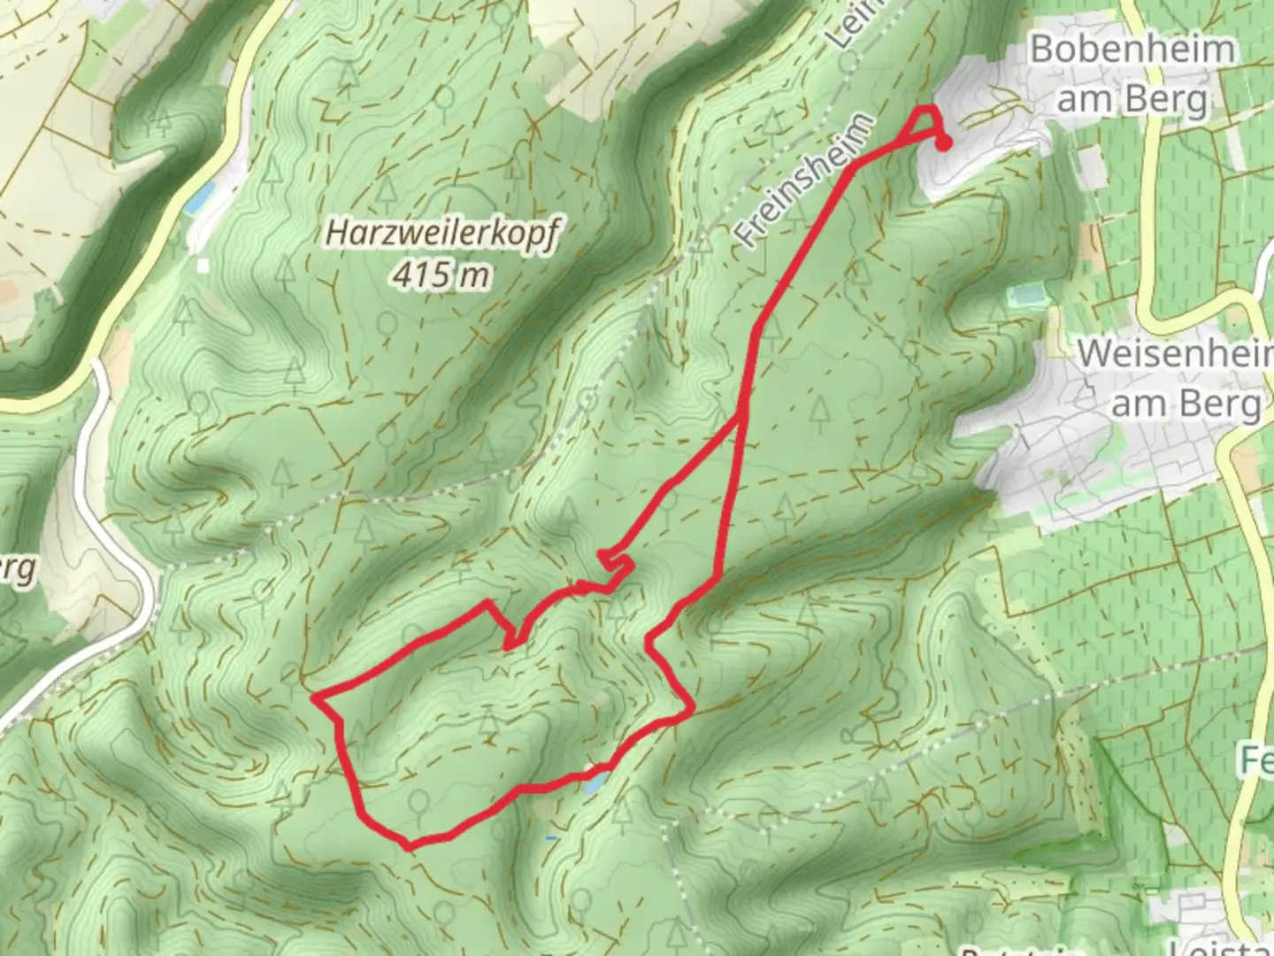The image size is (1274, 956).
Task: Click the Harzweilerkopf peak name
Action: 442,234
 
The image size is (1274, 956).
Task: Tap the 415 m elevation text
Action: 441,275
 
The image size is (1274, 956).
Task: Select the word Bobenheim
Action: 1132,49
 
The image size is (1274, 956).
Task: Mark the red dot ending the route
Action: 944,144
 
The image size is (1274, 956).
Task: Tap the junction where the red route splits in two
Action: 742,414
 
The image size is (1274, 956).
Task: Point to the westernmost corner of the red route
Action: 315,698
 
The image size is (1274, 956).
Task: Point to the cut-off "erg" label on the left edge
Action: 16,570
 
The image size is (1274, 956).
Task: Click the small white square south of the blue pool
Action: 203,265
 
